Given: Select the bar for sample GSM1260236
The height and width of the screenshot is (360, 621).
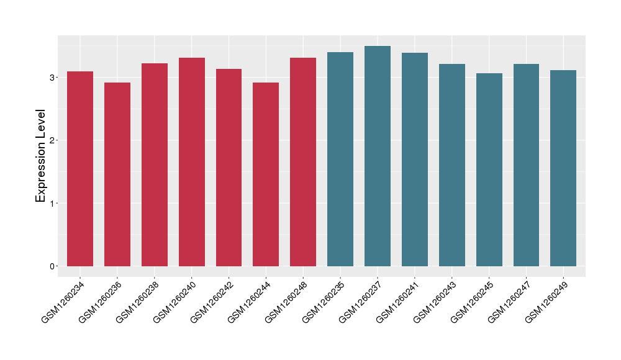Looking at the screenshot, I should pos(117,174).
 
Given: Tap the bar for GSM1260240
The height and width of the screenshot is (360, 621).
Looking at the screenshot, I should pos(192,162).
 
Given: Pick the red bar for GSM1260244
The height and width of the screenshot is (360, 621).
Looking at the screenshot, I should pos(266,174).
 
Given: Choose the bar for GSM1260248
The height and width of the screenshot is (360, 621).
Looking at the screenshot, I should pos(303,162).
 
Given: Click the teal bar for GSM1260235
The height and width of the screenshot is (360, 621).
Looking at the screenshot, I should pos(340,159).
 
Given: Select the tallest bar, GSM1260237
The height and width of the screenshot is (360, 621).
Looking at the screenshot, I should pos(378,156).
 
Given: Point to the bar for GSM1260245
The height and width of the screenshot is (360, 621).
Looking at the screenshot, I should pos(489,169).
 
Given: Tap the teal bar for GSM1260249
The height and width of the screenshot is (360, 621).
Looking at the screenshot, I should pos(563,168).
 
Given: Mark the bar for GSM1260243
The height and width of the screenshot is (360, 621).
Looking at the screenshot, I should pos(452,165).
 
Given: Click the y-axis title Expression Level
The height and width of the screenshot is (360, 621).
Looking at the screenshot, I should pos(41,156).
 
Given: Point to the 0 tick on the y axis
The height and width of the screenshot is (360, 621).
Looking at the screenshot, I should pos(53,266).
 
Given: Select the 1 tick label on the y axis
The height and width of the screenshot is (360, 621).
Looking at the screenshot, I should pos(53,204).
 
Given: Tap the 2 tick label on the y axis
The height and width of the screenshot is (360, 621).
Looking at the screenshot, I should pos(53,140).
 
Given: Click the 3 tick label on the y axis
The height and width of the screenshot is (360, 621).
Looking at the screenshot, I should pos(53,78).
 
